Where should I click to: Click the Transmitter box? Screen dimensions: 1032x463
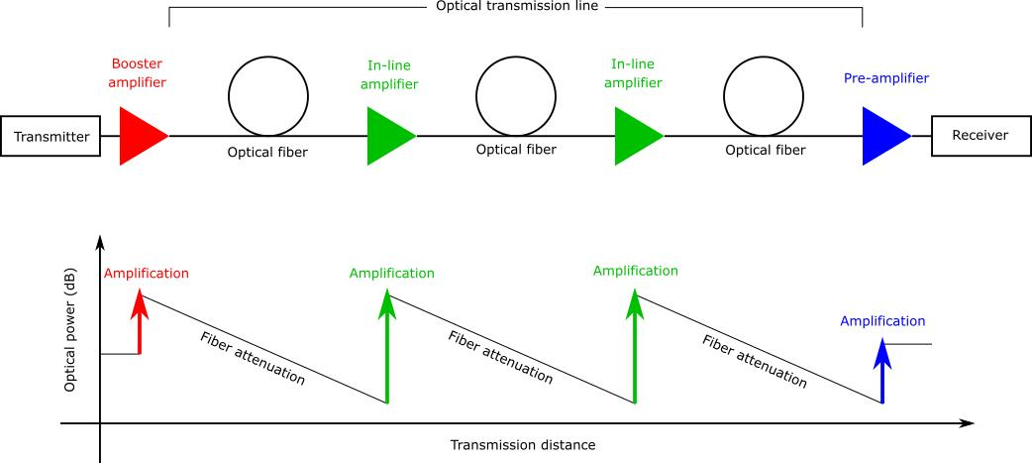(51, 137)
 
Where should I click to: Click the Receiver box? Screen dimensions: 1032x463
(980, 136)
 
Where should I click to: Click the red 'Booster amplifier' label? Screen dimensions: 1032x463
(137, 73)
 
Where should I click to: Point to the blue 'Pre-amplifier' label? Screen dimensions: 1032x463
(885, 78)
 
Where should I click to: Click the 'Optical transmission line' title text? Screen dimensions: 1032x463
(516, 7)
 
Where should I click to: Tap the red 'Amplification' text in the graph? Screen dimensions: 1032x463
(147, 274)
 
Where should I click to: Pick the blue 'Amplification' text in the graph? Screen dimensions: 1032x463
(882, 321)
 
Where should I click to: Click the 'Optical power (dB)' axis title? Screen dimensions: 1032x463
(69, 329)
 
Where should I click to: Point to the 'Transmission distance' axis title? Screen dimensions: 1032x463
(523, 445)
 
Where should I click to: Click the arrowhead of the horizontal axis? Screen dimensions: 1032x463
(967, 422)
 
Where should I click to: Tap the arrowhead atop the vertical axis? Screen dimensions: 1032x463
(100, 242)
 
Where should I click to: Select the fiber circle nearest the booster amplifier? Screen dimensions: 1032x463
(268, 93)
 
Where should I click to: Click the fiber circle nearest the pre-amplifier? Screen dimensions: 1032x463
(765, 93)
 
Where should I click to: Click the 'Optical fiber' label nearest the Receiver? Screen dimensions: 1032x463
(766, 150)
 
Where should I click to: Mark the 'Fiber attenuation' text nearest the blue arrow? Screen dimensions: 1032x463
(755, 361)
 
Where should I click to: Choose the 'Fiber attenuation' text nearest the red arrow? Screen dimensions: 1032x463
(253, 358)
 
